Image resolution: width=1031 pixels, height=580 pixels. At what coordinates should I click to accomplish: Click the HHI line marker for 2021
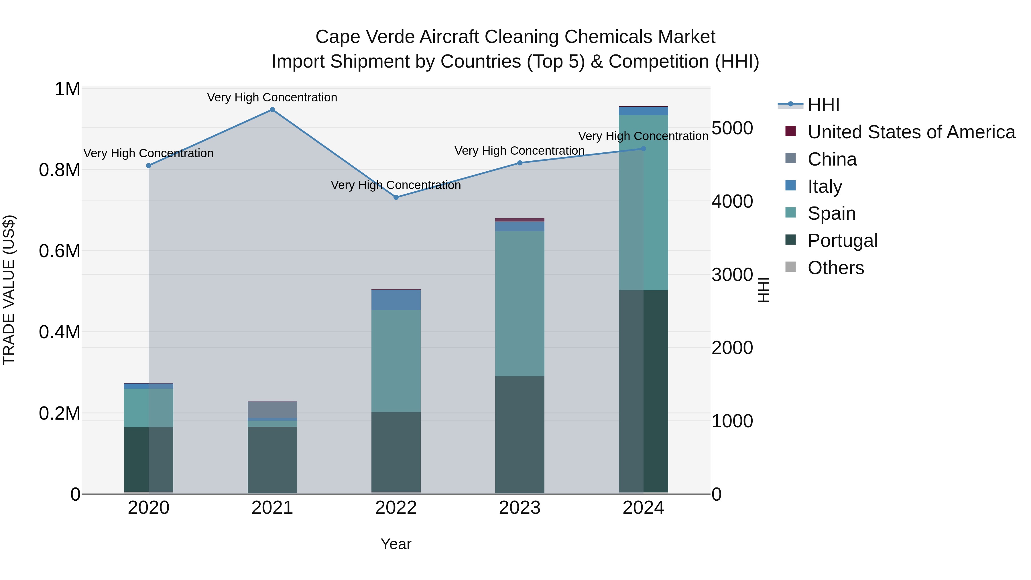(x=272, y=110)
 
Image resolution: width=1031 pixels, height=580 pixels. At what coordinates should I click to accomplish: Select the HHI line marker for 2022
(x=396, y=197)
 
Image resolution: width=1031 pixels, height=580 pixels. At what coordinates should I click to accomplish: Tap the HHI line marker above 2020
(x=148, y=166)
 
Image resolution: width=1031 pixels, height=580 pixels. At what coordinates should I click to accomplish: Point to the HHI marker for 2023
(x=520, y=163)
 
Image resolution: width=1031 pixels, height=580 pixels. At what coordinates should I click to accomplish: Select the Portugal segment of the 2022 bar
(x=396, y=452)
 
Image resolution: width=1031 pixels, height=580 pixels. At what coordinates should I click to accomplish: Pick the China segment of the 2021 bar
(x=272, y=410)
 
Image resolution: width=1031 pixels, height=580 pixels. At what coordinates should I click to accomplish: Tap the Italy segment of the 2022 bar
(x=396, y=300)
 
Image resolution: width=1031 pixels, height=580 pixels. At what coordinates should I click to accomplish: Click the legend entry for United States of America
(x=911, y=132)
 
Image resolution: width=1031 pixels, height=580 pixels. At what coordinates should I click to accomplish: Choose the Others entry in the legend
(x=836, y=268)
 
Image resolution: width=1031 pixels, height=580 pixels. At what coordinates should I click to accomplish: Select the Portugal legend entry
(x=843, y=241)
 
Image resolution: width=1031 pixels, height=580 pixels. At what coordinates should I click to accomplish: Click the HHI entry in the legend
(x=824, y=105)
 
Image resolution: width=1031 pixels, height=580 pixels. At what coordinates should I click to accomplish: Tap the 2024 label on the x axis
(x=643, y=508)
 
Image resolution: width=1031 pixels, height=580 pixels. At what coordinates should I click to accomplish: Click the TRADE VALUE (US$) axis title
(x=9, y=290)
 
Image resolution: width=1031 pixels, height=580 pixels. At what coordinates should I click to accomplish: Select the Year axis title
(x=396, y=544)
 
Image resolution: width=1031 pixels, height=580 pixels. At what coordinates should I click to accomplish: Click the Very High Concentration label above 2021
(x=272, y=97)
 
